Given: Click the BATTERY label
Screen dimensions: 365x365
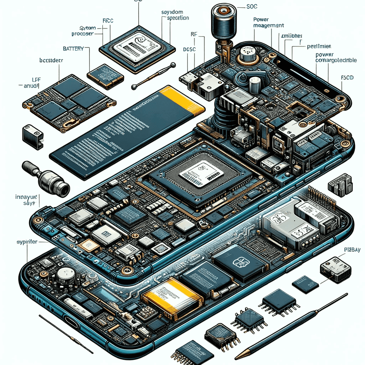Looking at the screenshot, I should click(x=73, y=48).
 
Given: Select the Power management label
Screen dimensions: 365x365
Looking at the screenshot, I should click(x=268, y=23).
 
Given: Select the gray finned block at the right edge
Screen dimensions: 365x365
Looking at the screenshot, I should click(x=340, y=185).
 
